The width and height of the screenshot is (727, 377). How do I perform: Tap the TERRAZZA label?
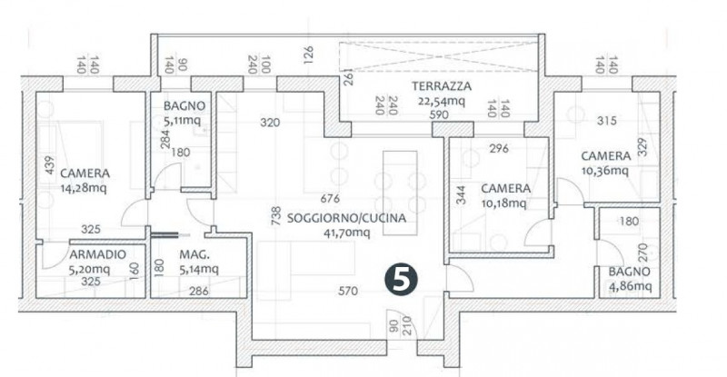pos(440,86)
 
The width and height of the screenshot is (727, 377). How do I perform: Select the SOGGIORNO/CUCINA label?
pos(345,219)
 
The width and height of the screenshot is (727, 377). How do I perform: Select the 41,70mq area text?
pos(346,233)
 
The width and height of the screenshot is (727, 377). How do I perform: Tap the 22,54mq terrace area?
pos(440,101)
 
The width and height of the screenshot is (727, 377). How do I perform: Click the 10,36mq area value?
pos(605,169)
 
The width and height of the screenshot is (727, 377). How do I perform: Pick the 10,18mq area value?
pos(503,203)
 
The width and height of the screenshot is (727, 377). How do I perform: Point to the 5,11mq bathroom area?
pos(184,120)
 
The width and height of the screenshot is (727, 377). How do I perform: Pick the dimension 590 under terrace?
pos(440,115)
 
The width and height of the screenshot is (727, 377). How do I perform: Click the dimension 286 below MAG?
pos(199,292)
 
